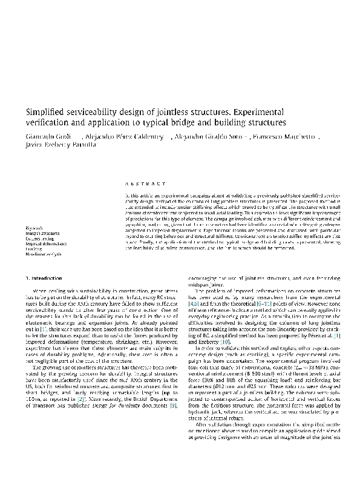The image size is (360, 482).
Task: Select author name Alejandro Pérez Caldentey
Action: click(123, 135)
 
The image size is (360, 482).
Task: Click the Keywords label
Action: click(34, 229)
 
